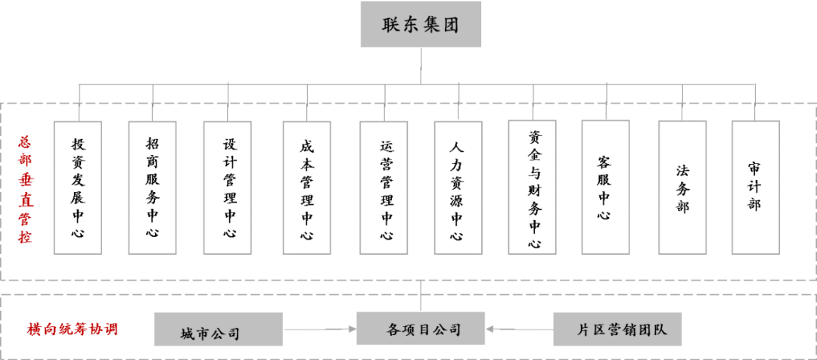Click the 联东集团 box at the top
coord(421,24)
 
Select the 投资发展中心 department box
coord(78,187)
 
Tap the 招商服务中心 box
coord(153,187)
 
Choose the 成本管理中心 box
coord(307,188)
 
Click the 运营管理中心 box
coord(385,188)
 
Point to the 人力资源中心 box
coord(458,188)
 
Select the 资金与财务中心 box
coord(534,188)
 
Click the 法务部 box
coord(682,187)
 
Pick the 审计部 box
coord(755,187)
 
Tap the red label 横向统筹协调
coord(73,330)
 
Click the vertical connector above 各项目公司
coord(421,296)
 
